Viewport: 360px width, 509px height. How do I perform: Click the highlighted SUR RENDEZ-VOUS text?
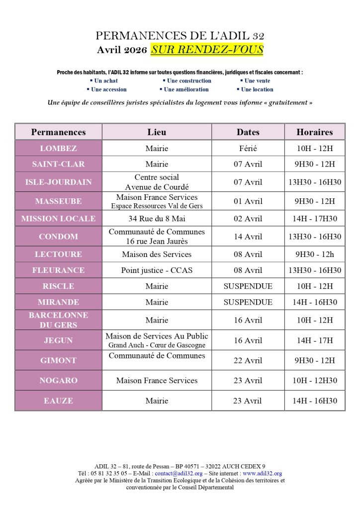tap(207, 49)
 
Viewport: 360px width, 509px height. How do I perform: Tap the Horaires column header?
tap(314, 132)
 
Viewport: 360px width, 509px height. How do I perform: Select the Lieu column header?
tap(157, 132)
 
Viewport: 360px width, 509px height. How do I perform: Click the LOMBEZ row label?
tap(59, 148)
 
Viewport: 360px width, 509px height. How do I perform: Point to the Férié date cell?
tap(248, 148)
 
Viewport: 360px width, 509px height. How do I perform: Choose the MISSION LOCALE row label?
tap(59, 218)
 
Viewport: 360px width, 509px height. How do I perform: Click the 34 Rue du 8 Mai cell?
tap(157, 218)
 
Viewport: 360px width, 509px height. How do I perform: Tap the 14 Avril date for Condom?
tap(248, 237)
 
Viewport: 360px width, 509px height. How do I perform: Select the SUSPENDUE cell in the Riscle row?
tap(248, 286)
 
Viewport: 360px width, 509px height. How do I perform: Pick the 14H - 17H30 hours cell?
tap(314, 218)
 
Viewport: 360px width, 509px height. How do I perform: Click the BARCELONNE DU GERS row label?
tap(59, 320)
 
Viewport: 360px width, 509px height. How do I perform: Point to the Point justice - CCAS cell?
tap(157, 270)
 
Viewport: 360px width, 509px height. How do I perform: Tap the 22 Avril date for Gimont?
tap(248, 360)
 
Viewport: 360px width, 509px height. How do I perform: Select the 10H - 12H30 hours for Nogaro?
tap(314, 380)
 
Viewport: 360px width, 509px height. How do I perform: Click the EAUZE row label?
tap(59, 400)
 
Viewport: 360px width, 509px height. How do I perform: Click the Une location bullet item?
tap(257, 89)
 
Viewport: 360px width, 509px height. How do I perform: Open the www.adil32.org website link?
tap(262, 474)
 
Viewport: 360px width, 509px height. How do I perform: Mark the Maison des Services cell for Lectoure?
tap(157, 254)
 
